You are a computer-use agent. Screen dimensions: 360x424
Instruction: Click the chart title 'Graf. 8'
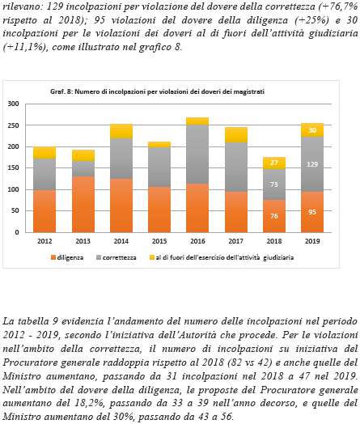[61, 91]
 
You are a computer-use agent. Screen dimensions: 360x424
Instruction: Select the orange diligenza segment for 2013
[83, 204]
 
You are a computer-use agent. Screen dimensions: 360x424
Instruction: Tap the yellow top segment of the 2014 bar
[121, 131]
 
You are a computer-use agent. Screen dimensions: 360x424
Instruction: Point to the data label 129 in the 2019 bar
[312, 164]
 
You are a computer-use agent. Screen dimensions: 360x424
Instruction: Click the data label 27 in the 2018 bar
[274, 163]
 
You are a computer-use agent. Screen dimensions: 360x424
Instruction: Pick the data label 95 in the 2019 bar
[312, 212]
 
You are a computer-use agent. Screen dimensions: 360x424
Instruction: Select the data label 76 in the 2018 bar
[274, 216]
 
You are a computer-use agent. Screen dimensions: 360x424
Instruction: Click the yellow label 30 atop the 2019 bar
[312, 130]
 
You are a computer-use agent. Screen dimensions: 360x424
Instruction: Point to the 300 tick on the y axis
[13, 104]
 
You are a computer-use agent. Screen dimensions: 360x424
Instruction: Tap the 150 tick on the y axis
[13, 168]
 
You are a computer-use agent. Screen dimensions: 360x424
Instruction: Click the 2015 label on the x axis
[159, 241]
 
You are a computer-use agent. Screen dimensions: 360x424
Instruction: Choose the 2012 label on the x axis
[44, 241]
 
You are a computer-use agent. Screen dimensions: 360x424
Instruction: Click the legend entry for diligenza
[67, 257]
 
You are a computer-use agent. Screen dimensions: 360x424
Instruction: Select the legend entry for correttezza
[116, 257]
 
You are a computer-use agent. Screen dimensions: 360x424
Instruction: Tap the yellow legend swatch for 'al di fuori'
[152, 257]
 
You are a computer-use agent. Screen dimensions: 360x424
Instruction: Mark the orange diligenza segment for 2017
[236, 212]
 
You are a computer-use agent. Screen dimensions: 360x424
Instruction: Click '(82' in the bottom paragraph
[234, 363]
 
